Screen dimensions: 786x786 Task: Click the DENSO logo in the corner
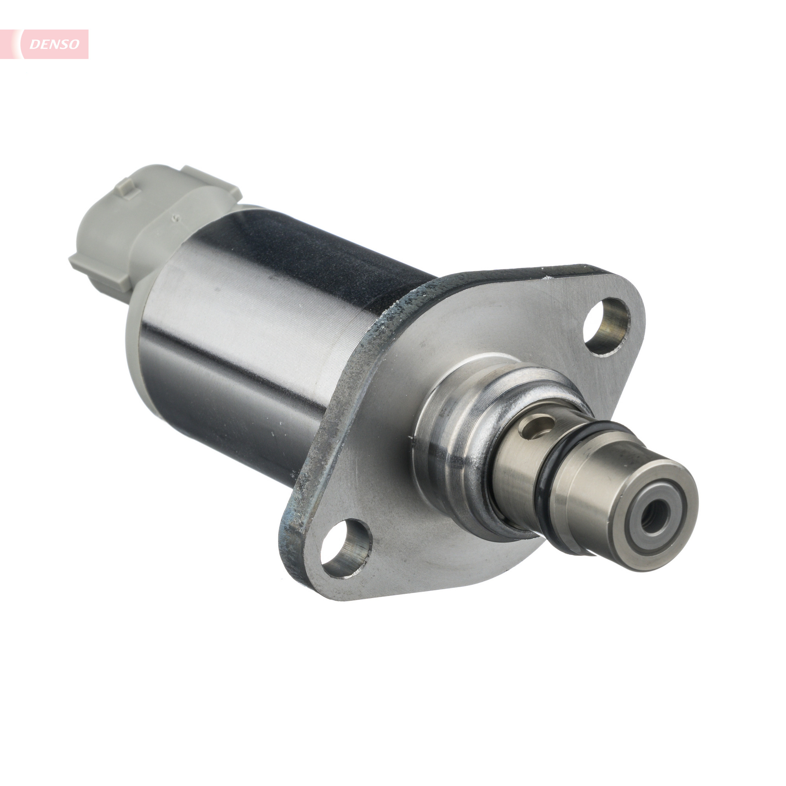tap(44, 44)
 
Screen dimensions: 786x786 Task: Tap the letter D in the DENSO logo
tap(34, 45)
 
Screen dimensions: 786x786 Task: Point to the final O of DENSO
tap(74, 44)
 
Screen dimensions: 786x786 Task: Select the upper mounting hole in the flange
tap(606, 326)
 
